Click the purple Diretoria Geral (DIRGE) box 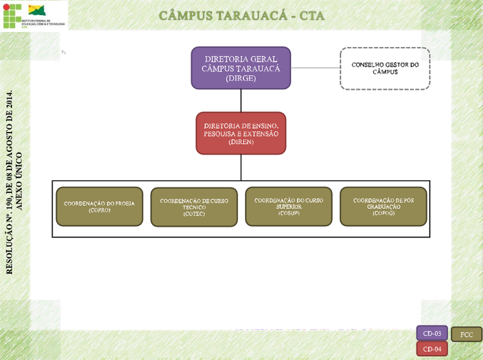click(241, 68)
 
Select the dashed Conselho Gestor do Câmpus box click(385, 68)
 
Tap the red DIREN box click(241, 133)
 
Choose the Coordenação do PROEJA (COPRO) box click(99, 207)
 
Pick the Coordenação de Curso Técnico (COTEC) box click(194, 207)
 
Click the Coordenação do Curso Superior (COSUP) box click(289, 207)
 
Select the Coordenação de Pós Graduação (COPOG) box click(383, 207)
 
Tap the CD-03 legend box click(432, 334)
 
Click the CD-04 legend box click(432, 349)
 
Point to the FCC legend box click(467, 334)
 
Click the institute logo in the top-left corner click(35, 15)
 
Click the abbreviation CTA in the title click(311, 15)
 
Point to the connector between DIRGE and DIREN click(241, 101)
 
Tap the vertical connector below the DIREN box click(241, 167)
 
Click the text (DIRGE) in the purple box click(241, 79)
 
